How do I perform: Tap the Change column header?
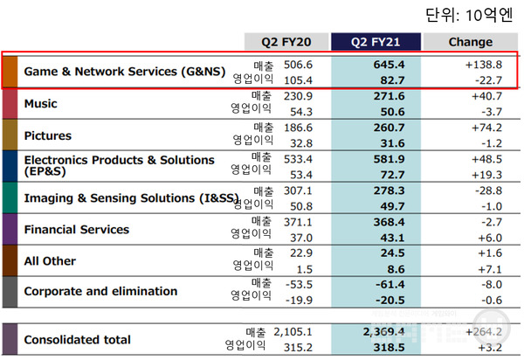click(x=470, y=41)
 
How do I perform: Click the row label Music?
click(x=41, y=104)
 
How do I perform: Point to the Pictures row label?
click(x=47, y=135)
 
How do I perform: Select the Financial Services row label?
click(x=76, y=230)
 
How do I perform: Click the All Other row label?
click(x=50, y=260)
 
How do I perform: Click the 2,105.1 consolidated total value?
click(x=293, y=332)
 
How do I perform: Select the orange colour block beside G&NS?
click(x=10, y=72)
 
